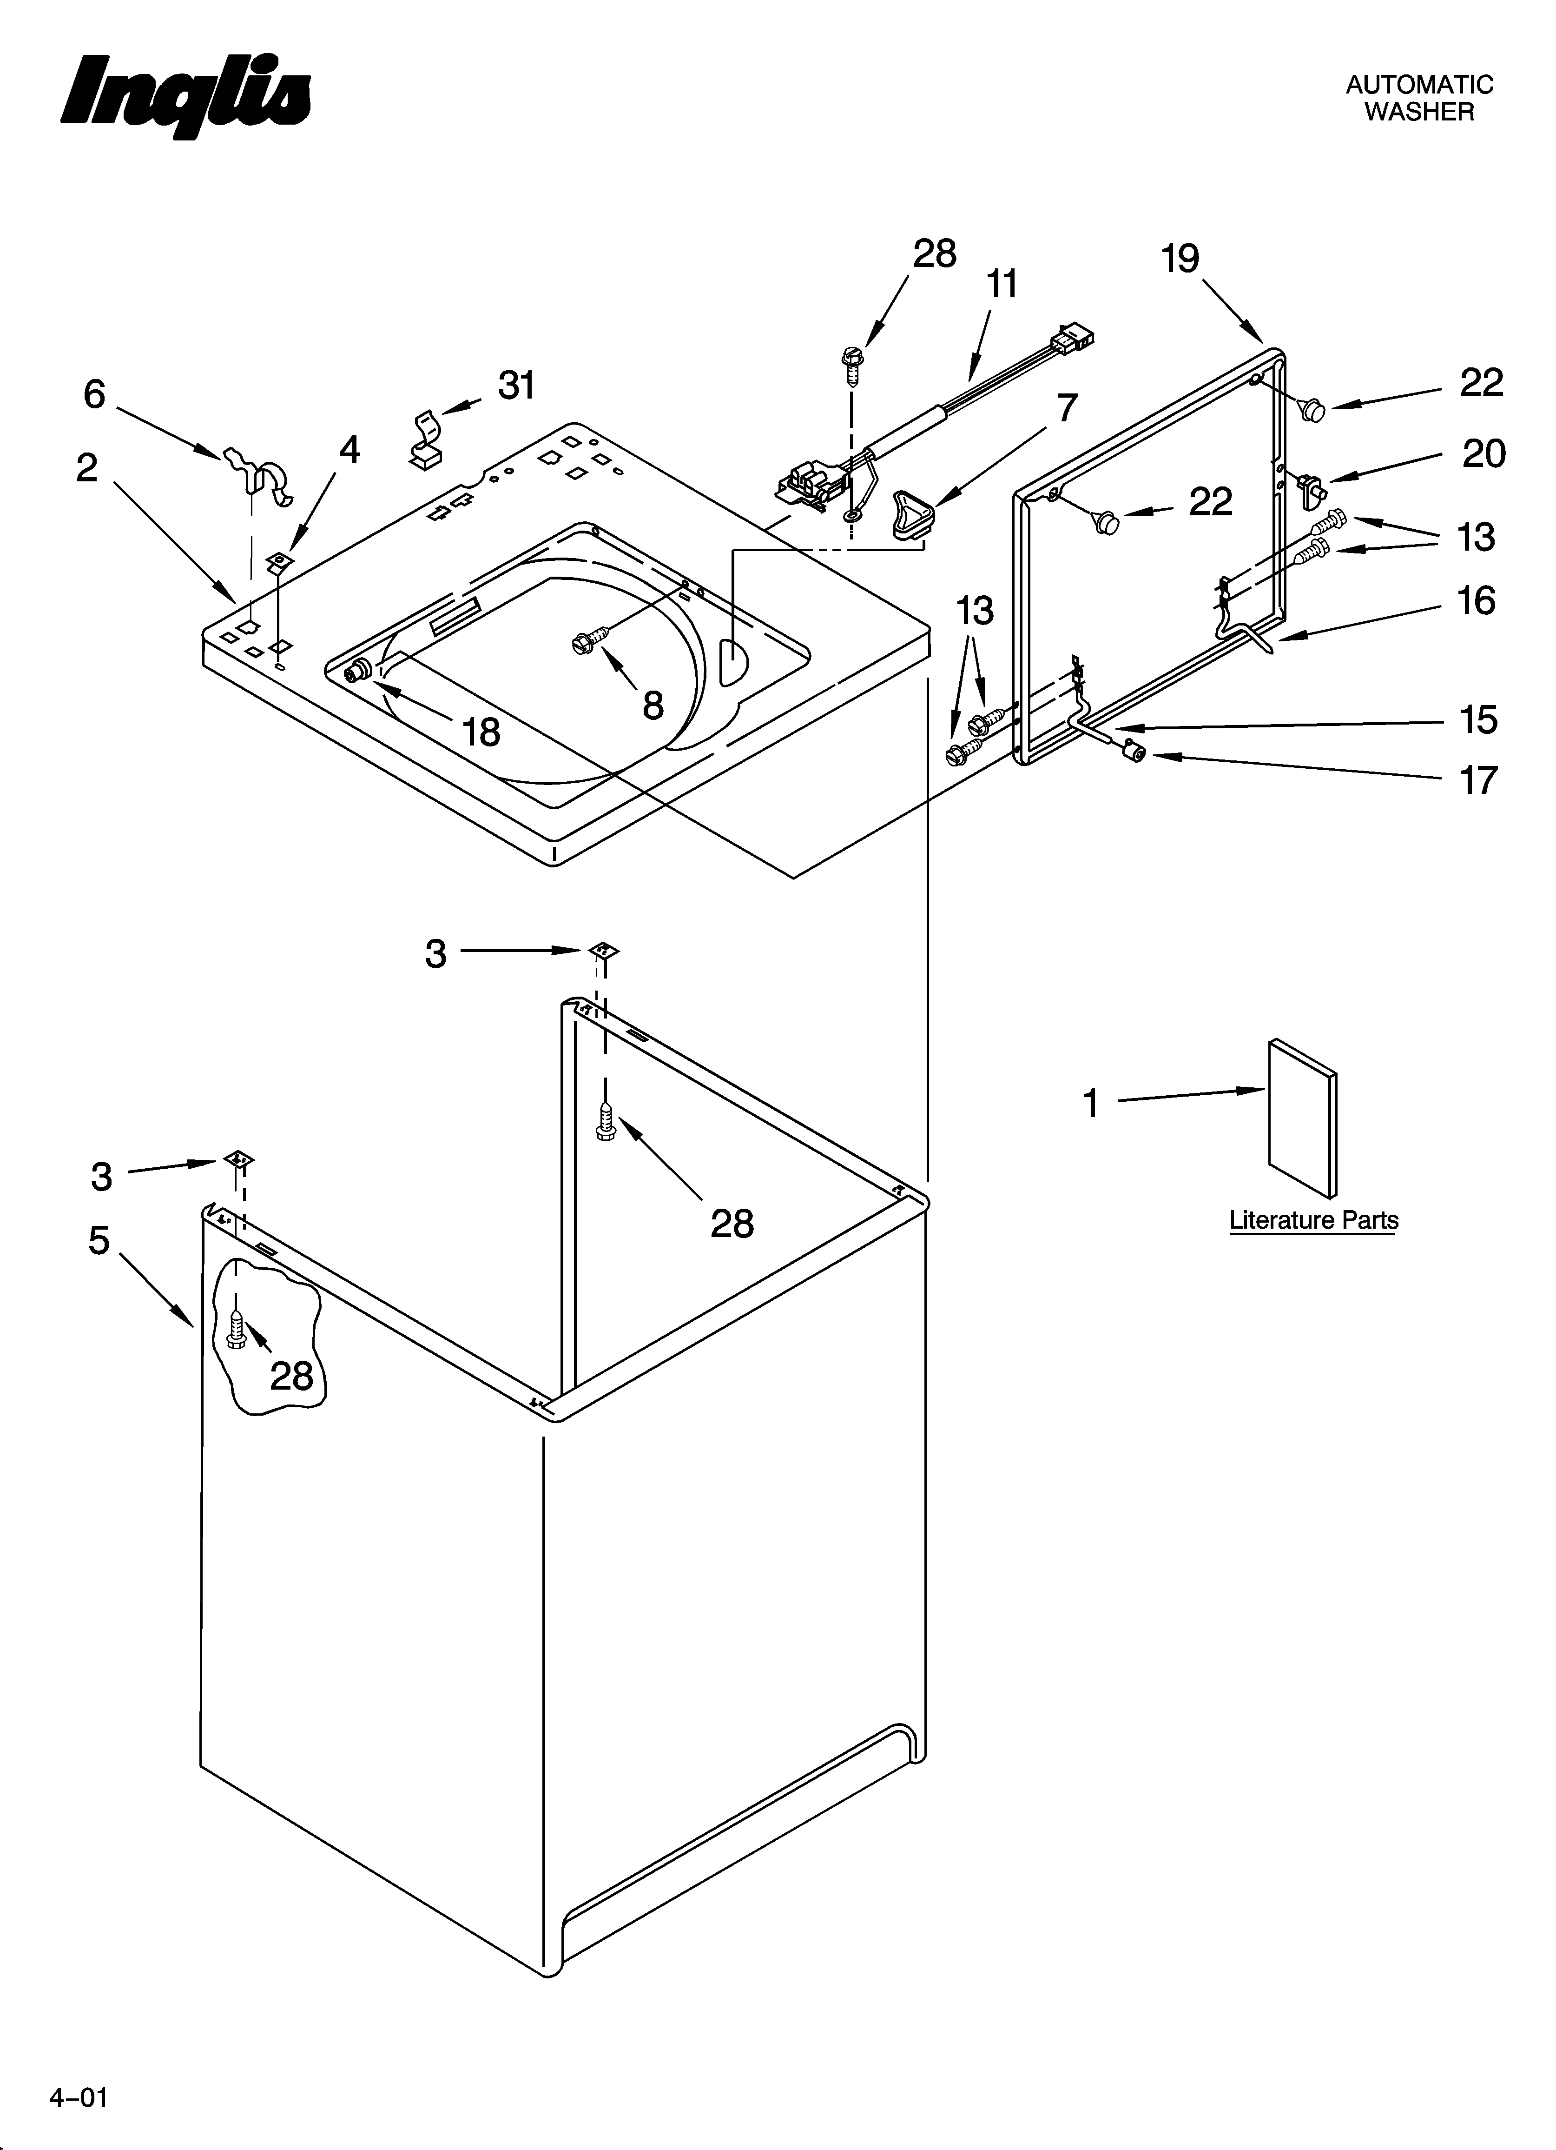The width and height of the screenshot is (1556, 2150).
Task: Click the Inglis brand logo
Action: click(x=186, y=97)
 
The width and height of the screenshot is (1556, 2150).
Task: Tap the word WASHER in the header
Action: click(x=1418, y=112)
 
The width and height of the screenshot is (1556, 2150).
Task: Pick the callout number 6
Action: click(x=94, y=394)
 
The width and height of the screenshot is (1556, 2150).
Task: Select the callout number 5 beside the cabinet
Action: click(x=99, y=1240)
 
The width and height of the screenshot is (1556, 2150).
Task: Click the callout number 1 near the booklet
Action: click(x=1091, y=1104)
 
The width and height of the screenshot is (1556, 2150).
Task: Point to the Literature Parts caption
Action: click(x=1313, y=1220)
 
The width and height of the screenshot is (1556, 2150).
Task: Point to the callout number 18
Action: click(x=481, y=732)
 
